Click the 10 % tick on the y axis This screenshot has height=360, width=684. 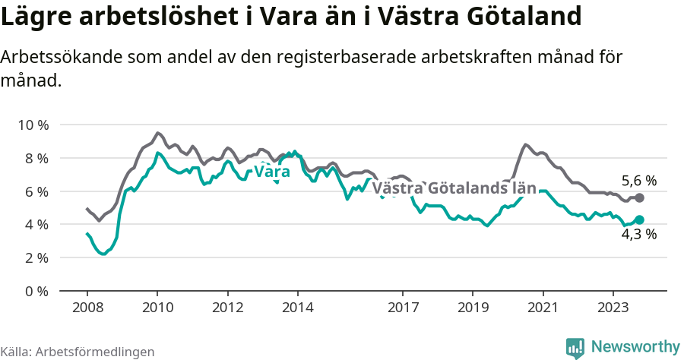[x=33, y=125]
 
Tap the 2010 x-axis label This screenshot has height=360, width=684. [x=157, y=308]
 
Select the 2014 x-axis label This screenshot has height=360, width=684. [x=297, y=308]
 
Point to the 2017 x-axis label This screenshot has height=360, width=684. [x=403, y=308]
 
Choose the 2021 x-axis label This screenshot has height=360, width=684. [x=543, y=308]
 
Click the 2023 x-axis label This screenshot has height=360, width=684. [x=613, y=308]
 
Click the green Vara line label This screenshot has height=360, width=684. [x=271, y=172]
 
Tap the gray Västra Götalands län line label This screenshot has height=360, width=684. [x=454, y=188]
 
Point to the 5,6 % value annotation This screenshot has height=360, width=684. [x=639, y=181]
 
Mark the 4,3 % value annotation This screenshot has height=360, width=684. [x=639, y=235]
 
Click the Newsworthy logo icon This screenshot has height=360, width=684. [x=575, y=347]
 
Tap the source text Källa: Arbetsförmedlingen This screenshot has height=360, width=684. [x=78, y=352]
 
